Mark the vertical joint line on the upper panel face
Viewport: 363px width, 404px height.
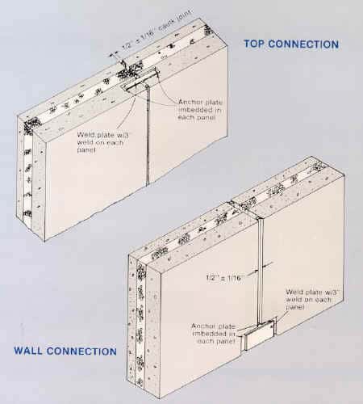click(x=151, y=145)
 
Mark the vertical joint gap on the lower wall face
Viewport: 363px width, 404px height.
click(x=260, y=267)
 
